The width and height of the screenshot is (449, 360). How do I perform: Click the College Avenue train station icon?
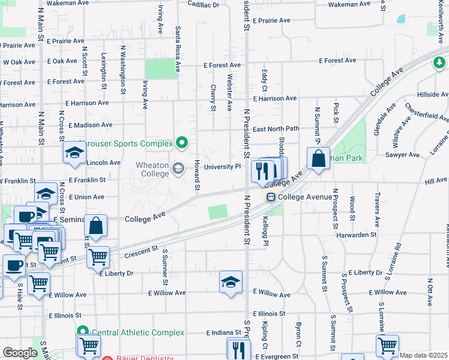(271, 197)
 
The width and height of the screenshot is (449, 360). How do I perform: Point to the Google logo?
(19, 353)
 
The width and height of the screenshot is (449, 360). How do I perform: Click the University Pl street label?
(222, 167)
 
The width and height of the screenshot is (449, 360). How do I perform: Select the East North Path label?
(276, 128)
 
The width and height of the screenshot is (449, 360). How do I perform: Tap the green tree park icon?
(439, 62)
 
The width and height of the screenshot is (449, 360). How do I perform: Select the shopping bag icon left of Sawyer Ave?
(318, 159)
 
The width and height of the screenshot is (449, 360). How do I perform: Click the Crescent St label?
(141, 251)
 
